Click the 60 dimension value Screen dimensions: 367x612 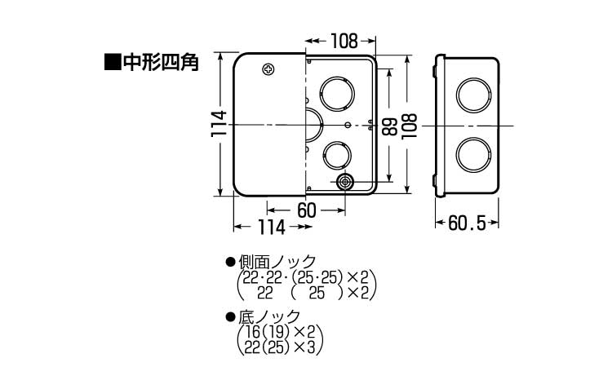point(306,210)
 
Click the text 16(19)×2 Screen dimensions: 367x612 point(280,332)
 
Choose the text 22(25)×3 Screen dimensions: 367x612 point(280,347)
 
